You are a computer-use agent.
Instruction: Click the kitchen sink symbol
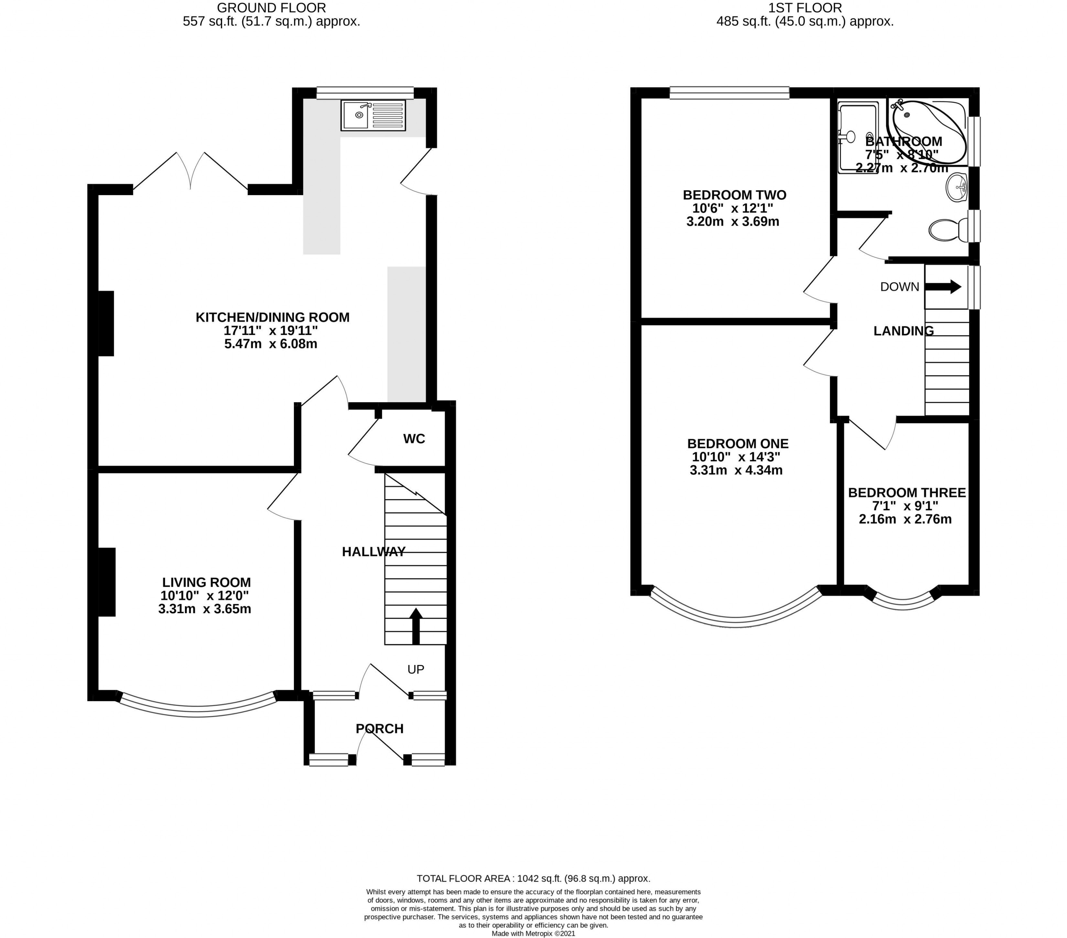pos(373,116)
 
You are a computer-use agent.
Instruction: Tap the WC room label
pos(414,439)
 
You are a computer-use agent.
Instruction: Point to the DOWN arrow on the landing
pos(943,287)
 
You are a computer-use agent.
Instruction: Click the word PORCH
pos(380,729)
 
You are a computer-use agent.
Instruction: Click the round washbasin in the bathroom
pos(957,187)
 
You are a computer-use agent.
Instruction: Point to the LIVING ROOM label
pos(206,582)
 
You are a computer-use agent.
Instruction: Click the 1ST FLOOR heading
pos(805,8)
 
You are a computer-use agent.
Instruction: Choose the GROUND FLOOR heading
pos(272,8)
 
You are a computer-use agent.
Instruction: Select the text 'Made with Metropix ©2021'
pos(533,933)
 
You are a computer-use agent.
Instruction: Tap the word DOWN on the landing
pos(900,287)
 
